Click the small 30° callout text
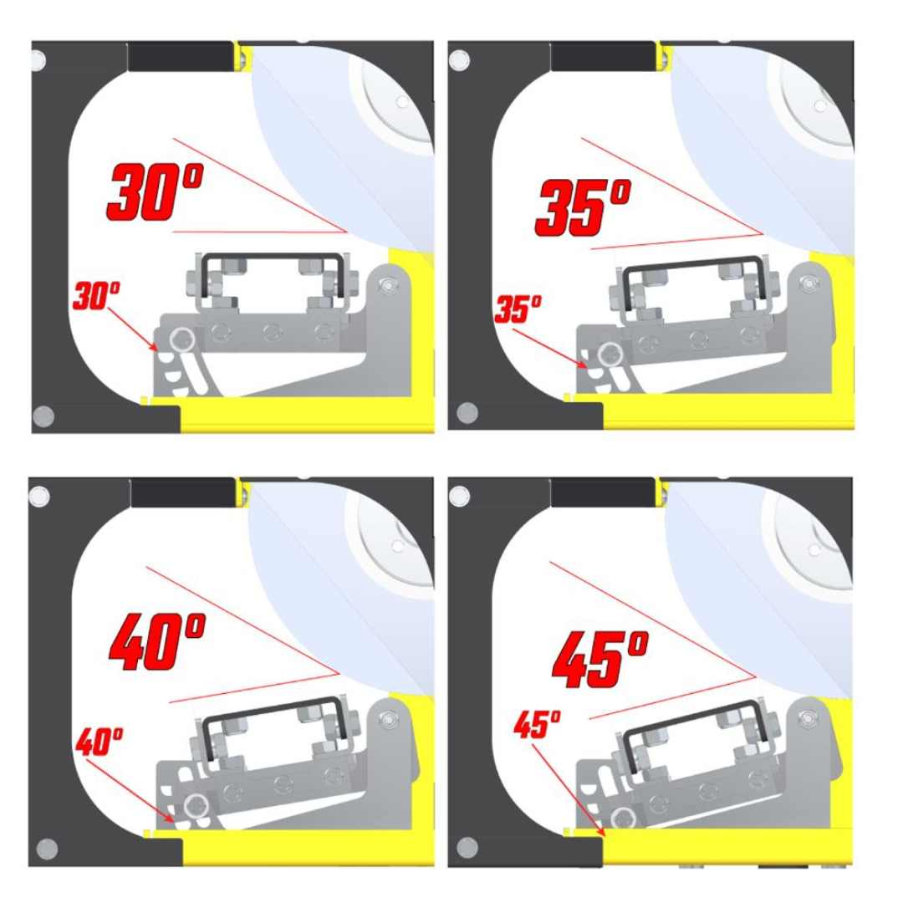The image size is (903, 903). tap(96, 297)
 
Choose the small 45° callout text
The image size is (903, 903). tap(536, 724)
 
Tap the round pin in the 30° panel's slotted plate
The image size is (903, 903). tap(181, 339)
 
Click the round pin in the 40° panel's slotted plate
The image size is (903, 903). tap(197, 806)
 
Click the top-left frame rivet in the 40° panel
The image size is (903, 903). tap(38, 497)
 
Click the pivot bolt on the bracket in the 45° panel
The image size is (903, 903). tap(807, 717)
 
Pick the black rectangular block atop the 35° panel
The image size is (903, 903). tap(602, 57)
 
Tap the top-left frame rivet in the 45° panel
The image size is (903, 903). tap(459, 497)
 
